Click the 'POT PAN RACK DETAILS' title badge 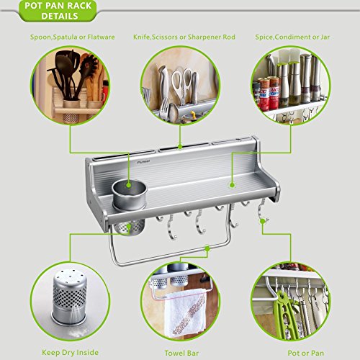click(x=58, y=11)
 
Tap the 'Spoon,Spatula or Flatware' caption click(x=73, y=37)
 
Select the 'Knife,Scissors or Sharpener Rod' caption click(x=184, y=37)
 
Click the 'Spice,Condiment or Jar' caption click(x=292, y=37)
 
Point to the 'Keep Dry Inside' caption click(x=70, y=353)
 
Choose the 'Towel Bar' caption click(x=181, y=353)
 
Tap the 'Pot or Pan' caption click(x=306, y=353)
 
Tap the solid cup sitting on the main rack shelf click(x=130, y=194)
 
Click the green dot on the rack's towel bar click(x=207, y=248)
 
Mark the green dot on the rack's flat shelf click(x=232, y=185)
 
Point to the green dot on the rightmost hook click(x=263, y=221)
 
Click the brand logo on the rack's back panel click(x=143, y=162)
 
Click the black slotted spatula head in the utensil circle click(x=89, y=64)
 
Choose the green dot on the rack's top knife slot click(x=180, y=146)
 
